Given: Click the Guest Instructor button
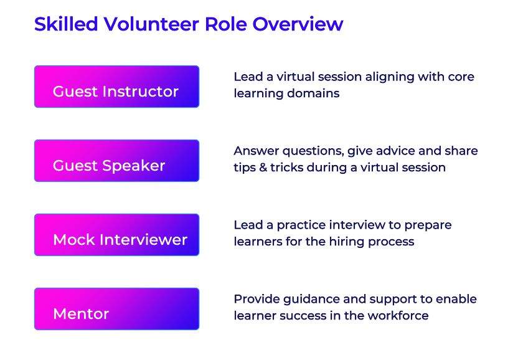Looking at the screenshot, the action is click(x=116, y=87).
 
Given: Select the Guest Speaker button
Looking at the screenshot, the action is click(x=116, y=161).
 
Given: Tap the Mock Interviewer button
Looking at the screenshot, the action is click(x=116, y=235).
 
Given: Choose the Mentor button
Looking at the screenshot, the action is click(x=116, y=309).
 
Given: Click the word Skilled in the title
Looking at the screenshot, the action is click(x=66, y=24).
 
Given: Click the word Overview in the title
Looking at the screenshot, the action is click(x=298, y=24).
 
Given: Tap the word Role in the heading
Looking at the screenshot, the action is click(x=225, y=24).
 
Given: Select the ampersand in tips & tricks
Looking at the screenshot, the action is click(x=263, y=168).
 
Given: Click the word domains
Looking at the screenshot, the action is click(x=313, y=93).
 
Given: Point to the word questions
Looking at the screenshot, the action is click(x=313, y=151).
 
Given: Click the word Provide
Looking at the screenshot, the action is click(x=257, y=299).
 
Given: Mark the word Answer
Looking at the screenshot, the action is click(x=257, y=151).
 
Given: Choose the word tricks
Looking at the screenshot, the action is click(x=287, y=168).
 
